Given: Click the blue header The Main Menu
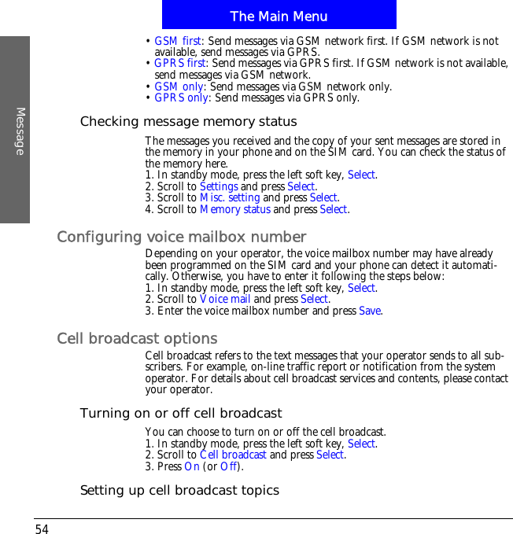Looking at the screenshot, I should pyautogui.click(x=279, y=16).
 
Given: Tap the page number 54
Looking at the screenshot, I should pyautogui.click(x=42, y=529).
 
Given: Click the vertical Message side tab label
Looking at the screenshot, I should pyautogui.click(x=20, y=131).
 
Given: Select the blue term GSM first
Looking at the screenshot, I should pyautogui.click(x=178, y=41).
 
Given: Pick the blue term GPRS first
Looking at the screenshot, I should pyautogui.click(x=180, y=64).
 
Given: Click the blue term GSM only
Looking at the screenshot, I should pyautogui.click(x=179, y=87).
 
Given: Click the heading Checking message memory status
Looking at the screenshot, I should pyautogui.click(x=188, y=122).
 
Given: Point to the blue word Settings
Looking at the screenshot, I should pyautogui.click(x=219, y=186).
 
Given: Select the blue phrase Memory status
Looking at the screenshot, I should pyautogui.click(x=235, y=210).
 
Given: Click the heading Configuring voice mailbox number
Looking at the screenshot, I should pyautogui.click(x=182, y=237).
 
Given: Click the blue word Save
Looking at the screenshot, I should pyautogui.click(x=370, y=311).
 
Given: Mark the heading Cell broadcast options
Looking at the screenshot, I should pyautogui.click(x=138, y=338).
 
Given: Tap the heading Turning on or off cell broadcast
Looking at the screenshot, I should pyautogui.click(x=181, y=413).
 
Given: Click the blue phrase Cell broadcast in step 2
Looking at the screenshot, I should pyautogui.click(x=233, y=455).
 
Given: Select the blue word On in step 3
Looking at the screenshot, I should pyautogui.click(x=190, y=467).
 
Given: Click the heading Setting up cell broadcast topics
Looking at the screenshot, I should pyautogui.click(x=179, y=491).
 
